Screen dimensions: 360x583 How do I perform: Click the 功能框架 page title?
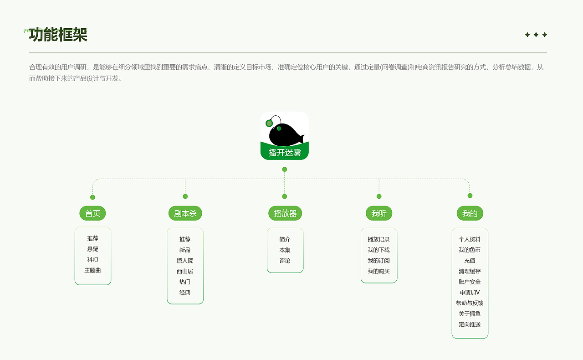pos(58,35)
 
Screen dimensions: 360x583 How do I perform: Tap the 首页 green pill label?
pos(92,213)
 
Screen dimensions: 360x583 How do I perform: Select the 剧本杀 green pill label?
pos(185,213)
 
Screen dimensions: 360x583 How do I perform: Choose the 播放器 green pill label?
pos(285,213)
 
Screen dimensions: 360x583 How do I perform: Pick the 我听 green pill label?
pos(379,213)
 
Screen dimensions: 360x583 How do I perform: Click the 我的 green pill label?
pos(470,213)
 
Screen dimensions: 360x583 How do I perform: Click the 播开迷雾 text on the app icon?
pos(285,153)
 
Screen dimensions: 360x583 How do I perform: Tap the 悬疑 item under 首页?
pos(92,249)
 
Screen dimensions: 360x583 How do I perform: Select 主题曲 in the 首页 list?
pos(92,270)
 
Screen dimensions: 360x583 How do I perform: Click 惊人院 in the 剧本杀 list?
pos(185,261)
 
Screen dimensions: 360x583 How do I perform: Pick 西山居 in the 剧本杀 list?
pos(185,271)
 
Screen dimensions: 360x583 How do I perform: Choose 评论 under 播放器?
pos(285,261)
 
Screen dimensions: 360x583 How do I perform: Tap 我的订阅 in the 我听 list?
pos(378,261)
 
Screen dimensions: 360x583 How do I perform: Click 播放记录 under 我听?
pos(378,239)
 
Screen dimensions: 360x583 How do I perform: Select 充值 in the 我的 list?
pos(470,261)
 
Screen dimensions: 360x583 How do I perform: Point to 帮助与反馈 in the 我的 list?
pos(470,303)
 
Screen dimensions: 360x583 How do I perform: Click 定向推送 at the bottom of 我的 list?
pos(470,324)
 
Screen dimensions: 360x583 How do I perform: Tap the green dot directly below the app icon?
pos(285,170)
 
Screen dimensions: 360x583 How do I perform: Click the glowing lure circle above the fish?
pos(269,123)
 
